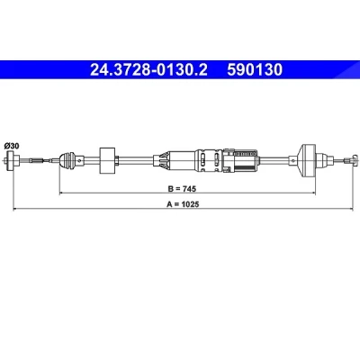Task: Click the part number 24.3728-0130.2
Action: [148, 70]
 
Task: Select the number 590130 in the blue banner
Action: [255, 70]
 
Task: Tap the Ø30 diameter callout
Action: [12, 146]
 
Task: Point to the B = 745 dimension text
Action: [182, 189]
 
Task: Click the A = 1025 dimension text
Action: [183, 204]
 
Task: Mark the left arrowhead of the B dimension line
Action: [62, 193]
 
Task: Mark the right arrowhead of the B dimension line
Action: [313, 193]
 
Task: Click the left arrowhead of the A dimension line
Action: [15, 209]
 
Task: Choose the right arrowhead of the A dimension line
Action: [351, 209]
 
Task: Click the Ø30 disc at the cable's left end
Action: [13, 161]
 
